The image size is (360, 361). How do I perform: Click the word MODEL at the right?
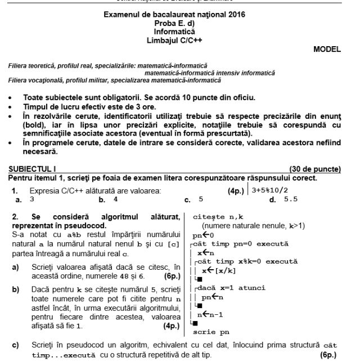(327, 49)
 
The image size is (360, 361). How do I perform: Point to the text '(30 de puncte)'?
(314, 168)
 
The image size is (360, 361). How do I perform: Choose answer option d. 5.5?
(283, 199)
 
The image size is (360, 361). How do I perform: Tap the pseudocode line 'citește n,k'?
(218, 217)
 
